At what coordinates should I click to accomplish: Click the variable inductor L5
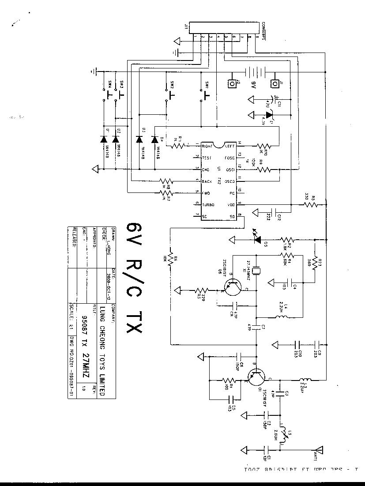[284, 434]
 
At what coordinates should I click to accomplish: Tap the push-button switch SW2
[170, 93]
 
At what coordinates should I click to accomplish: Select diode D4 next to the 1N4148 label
[154, 139]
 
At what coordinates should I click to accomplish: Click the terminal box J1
[275, 83]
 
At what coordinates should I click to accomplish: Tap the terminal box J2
[231, 83]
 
